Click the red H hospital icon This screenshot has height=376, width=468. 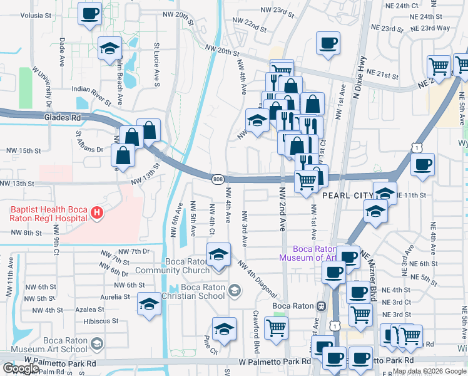tap(96, 214)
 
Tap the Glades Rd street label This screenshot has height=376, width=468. tap(63, 117)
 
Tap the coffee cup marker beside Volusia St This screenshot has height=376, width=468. tap(90, 13)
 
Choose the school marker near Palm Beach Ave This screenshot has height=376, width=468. tap(110, 48)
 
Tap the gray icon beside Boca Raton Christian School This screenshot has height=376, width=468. tap(234, 290)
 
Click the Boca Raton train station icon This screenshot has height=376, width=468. tap(321, 306)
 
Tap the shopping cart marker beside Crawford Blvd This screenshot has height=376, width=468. tap(277, 327)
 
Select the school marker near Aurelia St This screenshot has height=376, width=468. tap(149, 303)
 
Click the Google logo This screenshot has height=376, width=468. tap(21, 368)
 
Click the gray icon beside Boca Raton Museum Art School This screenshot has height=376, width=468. tap(96, 343)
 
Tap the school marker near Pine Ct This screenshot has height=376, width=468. tap(224, 329)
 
